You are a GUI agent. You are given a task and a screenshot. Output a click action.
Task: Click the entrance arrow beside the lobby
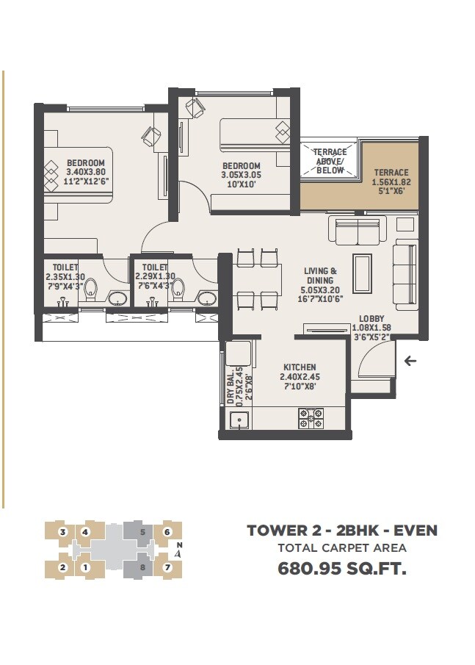(x=410, y=361)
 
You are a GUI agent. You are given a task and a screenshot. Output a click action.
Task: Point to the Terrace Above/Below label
(x=330, y=162)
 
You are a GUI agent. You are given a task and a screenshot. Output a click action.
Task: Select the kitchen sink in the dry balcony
(x=237, y=420)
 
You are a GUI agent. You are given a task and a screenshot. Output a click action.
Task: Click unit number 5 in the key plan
(x=143, y=531)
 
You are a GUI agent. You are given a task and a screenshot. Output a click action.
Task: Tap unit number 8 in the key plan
(x=143, y=567)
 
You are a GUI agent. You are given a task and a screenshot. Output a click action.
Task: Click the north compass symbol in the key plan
(x=179, y=550)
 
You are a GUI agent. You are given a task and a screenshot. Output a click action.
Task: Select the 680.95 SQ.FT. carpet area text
(x=341, y=568)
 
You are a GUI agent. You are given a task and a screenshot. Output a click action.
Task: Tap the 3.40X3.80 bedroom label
(x=85, y=173)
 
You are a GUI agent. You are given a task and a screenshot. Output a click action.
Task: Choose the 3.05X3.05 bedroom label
(x=241, y=176)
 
